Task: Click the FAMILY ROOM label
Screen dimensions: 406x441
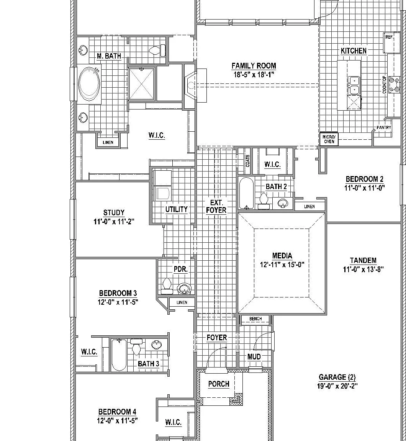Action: click(x=254, y=66)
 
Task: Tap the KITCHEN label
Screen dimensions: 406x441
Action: click(x=354, y=51)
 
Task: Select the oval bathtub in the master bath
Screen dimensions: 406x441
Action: click(x=89, y=83)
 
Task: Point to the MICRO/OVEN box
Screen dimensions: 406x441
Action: click(x=329, y=139)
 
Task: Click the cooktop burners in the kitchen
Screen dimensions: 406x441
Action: click(x=395, y=85)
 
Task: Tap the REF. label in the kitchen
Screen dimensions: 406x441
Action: click(x=389, y=37)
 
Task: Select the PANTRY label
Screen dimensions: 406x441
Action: click(x=384, y=127)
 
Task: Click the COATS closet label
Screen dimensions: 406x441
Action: click(x=247, y=161)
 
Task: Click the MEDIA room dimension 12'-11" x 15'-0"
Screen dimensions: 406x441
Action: click(x=282, y=265)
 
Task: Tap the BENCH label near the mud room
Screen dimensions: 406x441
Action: click(x=255, y=318)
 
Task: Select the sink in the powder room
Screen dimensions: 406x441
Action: click(x=185, y=288)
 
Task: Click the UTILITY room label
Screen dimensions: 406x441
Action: click(x=177, y=209)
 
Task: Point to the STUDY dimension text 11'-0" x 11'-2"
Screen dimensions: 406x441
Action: click(x=114, y=222)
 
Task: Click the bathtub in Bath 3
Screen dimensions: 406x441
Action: click(x=119, y=355)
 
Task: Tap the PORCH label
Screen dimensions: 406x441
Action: click(x=219, y=384)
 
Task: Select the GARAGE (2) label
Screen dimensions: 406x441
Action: click(x=337, y=377)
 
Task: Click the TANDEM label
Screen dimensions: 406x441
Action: click(x=363, y=261)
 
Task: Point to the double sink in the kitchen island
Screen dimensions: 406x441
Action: click(x=354, y=85)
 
